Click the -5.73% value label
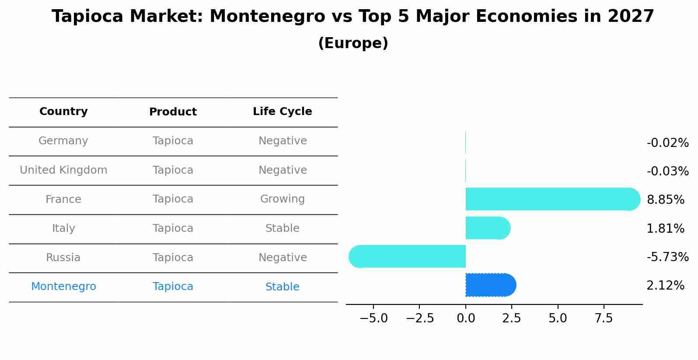(667, 257)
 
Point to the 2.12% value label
(665, 286)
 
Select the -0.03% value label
(667, 171)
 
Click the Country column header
(63, 112)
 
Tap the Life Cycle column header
(283, 112)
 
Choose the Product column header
(173, 112)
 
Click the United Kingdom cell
(63, 170)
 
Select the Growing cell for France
(283, 199)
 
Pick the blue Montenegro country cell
(63, 287)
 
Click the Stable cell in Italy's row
(283, 228)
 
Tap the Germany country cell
(63, 141)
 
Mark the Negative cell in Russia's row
(283, 258)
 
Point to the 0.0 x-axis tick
(466, 318)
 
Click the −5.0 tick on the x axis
(373, 318)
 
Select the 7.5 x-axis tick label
(604, 318)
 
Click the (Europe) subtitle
(353, 43)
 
